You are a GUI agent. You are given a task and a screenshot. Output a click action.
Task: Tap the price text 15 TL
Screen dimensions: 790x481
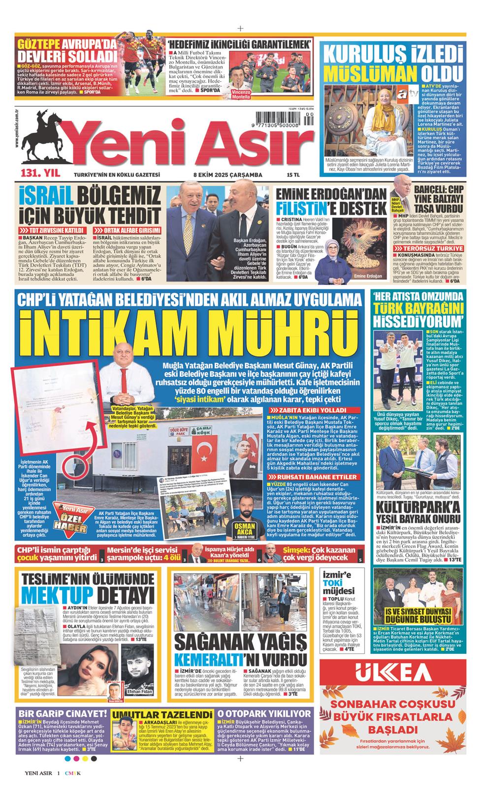tap(293, 175)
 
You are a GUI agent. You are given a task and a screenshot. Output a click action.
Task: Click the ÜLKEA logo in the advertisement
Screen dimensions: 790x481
tap(389, 671)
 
